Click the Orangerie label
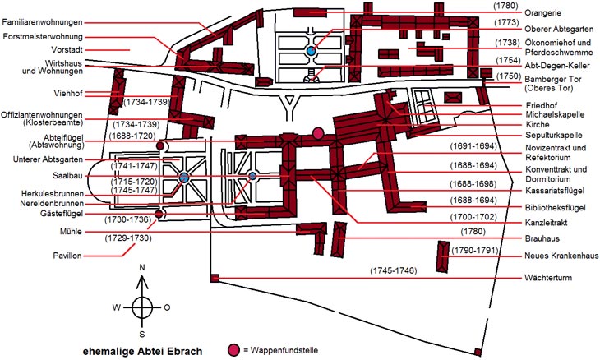(543, 13)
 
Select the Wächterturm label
(548, 278)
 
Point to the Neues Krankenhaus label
(561, 256)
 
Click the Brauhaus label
(542, 238)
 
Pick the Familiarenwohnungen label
(42, 22)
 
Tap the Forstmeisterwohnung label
(43, 37)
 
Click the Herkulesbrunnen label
(53, 194)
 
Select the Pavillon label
(67, 256)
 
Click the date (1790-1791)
(475, 251)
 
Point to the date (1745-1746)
(394, 270)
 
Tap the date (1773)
(506, 22)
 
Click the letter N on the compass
(142, 267)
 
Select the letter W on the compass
(117, 307)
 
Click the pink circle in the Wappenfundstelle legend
(233, 349)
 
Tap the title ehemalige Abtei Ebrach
(142, 351)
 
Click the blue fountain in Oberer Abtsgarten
(311, 50)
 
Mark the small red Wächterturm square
(215, 278)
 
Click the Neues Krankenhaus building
(443, 256)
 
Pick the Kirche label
(538, 124)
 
